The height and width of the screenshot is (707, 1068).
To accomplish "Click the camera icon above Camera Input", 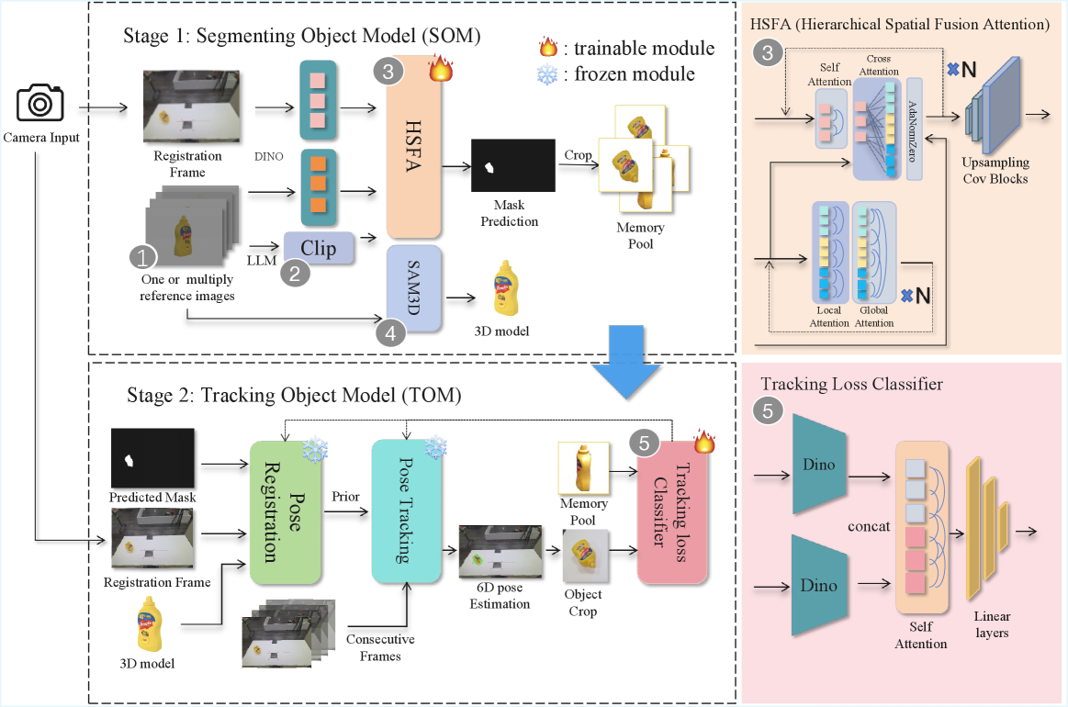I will point(39,103).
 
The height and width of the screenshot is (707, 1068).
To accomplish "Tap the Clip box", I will point(318,248).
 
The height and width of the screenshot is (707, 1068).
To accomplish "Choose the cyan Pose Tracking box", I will point(407,512).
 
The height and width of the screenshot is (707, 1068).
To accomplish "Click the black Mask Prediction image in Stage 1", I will point(513,165).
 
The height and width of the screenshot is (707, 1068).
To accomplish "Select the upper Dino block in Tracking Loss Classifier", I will point(818,464).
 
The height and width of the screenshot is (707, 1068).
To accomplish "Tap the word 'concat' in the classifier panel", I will point(869,527).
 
